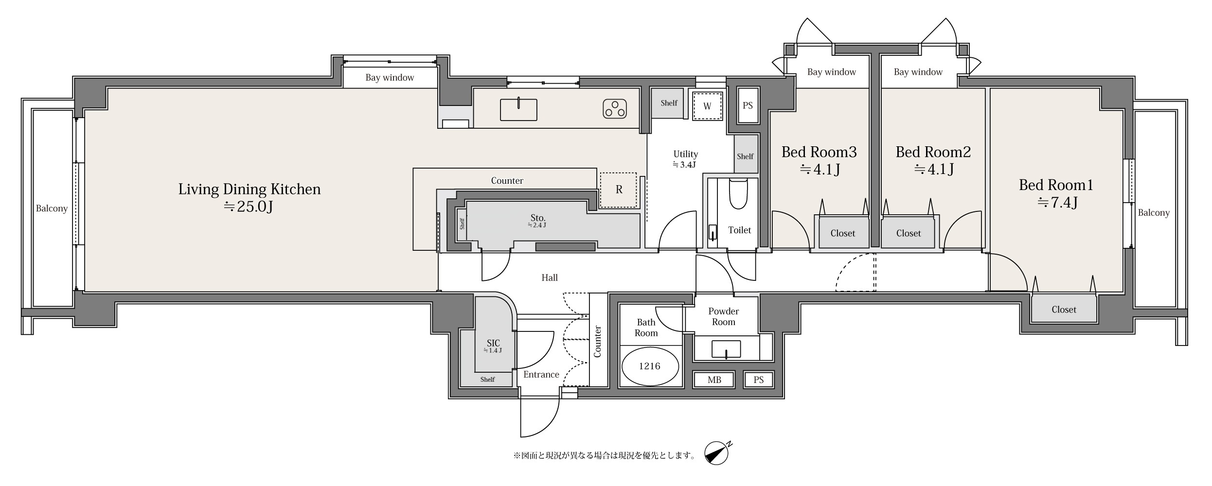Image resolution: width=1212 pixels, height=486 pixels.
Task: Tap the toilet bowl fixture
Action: click(x=738, y=194)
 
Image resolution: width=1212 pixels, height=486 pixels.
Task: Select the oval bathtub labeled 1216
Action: click(x=650, y=365)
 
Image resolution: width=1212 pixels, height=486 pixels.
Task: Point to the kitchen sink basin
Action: click(x=518, y=109)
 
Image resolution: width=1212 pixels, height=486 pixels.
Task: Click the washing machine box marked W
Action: click(x=707, y=106)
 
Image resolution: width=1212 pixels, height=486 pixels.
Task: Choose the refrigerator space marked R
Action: click(x=618, y=190)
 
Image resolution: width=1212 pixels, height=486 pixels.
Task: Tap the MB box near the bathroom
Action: click(x=714, y=380)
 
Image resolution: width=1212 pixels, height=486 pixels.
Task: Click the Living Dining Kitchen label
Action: click(x=250, y=189)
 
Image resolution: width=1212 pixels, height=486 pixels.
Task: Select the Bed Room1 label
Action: click(x=1056, y=185)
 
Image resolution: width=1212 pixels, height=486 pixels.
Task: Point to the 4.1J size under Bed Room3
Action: click(x=820, y=170)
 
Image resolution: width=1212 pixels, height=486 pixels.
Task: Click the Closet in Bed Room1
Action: click(x=1064, y=310)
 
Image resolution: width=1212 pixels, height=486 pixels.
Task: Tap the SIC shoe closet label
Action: click(x=493, y=343)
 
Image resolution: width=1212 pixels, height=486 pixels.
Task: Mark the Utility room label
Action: click(x=685, y=154)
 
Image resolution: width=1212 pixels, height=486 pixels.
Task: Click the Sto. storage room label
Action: click(x=538, y=218)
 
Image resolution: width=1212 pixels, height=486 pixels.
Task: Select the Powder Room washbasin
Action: click(x=726, y=349)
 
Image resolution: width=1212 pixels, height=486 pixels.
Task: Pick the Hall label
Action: click(x=550, y=278)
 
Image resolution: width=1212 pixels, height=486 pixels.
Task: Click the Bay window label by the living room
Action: click(x=390, y=77)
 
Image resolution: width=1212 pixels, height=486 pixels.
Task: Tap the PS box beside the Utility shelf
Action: click(x=748, y=105)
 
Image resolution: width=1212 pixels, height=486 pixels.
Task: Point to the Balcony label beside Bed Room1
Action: click(x=1154, y=213)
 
